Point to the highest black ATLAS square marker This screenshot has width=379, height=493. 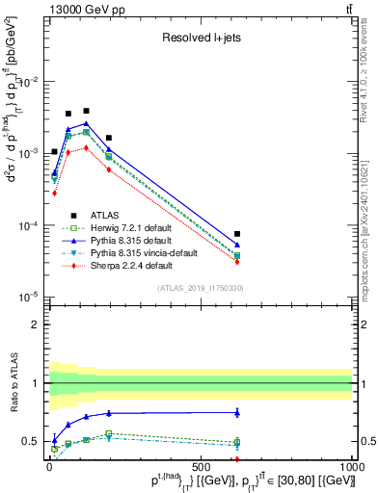pos(86,111)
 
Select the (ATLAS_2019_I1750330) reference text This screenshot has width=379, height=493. pos(200,287)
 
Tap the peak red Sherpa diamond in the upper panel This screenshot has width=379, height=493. pos(86,148)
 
